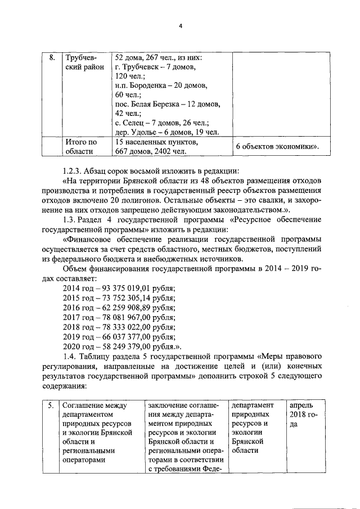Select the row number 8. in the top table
[51, 58]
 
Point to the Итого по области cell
[82, 146]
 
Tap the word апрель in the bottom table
[303, 405]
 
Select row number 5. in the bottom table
[51, 405]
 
